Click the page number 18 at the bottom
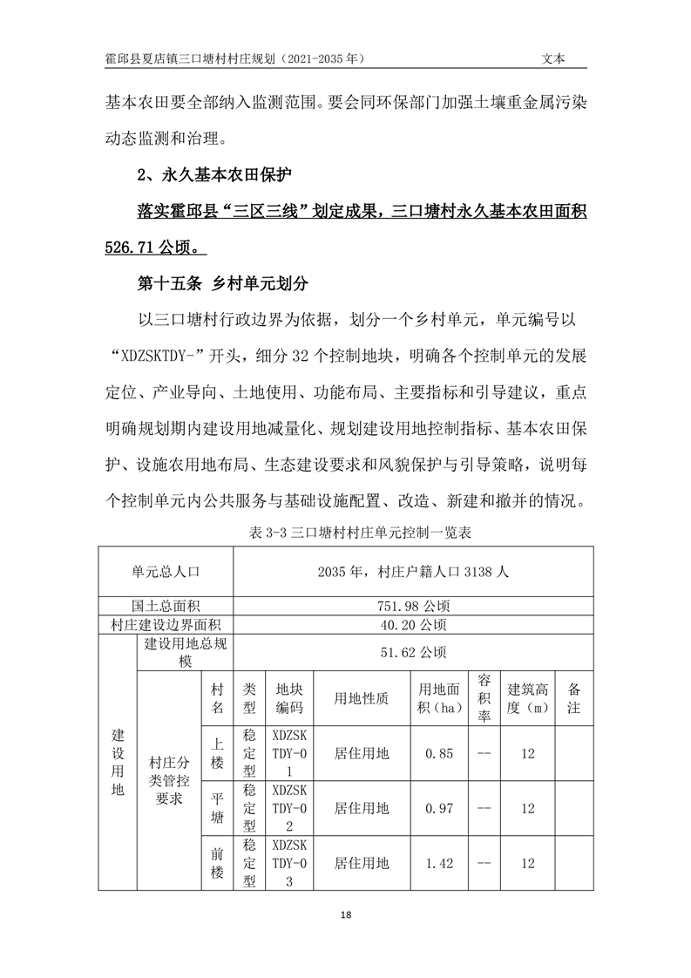tap(346, 914)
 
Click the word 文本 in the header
tap(553, 58)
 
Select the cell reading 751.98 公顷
tap(414, 606)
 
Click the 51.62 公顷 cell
tap(414, 652)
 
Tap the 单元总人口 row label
tap(166, 571)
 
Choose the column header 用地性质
tap(362, 698)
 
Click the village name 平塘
tap(218, 808)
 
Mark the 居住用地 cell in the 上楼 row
tap(362, 754)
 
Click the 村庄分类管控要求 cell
tap(169, 780)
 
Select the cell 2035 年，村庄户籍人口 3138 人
tap(414, 571)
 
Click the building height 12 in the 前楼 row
tap(528, 863)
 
